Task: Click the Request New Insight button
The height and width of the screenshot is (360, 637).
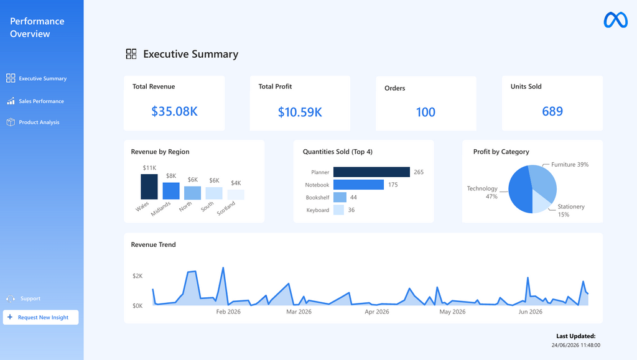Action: click(40, 317)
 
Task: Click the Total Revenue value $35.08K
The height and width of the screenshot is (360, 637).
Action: click(174, 111)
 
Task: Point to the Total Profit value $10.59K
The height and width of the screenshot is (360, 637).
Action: click(300, 112)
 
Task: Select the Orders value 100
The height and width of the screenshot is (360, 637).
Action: click(425, 112)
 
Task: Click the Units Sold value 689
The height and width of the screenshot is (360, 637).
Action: click(552, 111)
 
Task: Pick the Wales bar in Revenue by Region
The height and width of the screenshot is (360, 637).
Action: click(149, 187)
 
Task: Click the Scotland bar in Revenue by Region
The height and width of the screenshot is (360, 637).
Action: click(236, 195)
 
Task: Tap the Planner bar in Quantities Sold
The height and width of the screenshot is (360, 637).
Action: click(371, 172)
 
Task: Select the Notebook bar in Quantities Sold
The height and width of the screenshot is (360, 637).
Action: click(358, 185)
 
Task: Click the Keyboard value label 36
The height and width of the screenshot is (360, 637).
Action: click(351, 210)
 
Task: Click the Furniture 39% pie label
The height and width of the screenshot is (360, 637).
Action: click(570, 164)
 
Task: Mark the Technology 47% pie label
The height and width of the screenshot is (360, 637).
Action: click(482, 192)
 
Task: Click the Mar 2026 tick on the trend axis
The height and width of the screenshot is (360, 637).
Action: click(299, 312)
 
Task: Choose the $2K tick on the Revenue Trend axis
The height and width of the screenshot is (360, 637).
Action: click(137, 276)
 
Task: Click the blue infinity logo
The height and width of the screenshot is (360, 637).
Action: click(615, 20)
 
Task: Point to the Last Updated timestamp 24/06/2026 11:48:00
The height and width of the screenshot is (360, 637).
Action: click(575, 345)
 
